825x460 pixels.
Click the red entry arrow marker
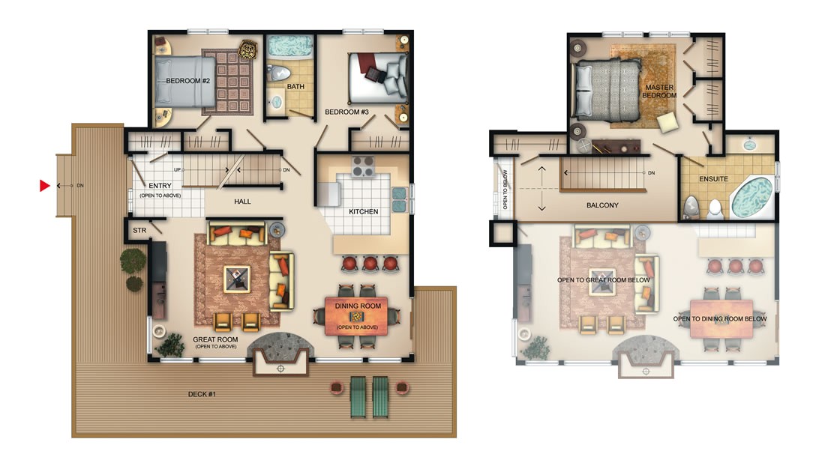coord(44,185)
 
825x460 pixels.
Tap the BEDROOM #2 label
coord(187,80)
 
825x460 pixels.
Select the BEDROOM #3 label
coord(346,112)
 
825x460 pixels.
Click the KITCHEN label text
coord(364,211)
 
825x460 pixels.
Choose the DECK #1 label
coord(202,394)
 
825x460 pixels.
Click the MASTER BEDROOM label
coord(661,91)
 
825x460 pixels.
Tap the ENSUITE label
coord(713,180)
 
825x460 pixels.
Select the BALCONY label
coord(602,205)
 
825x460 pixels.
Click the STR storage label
coord(139,230)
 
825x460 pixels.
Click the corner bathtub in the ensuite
coord(751,197)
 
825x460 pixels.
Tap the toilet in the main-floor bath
coord(279,73)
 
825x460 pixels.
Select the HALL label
coord(242,202)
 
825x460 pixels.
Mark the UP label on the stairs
coord(178,170)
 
